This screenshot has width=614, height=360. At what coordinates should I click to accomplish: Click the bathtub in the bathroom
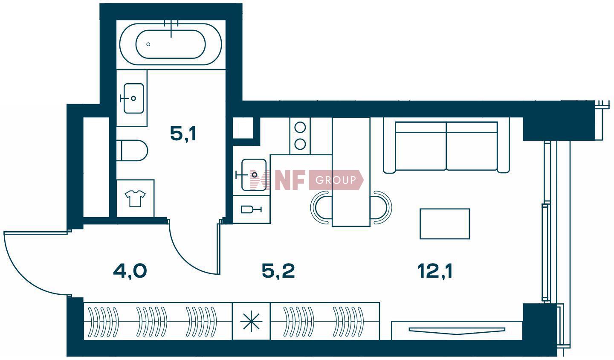click(171, 44)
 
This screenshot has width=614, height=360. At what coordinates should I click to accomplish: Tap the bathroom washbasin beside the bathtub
click(133, 98)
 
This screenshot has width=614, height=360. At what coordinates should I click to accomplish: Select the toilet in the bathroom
click(132, 151)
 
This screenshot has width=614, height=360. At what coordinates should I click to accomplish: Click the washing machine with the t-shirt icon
click(135, 198)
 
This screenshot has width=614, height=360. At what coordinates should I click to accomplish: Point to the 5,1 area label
click(183, 134)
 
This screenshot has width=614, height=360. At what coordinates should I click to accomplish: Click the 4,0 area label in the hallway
click(130, 271)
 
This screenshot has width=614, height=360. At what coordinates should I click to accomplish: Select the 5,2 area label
click(278, 271)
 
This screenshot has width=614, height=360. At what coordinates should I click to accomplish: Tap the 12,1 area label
click(435, 271)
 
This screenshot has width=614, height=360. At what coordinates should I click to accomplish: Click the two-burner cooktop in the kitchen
click(300, 136)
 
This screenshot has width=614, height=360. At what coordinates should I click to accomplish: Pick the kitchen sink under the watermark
click(254, 174)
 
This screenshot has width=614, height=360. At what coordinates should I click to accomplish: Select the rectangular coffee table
click(445, 224)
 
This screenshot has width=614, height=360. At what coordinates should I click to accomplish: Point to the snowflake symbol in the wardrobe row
click(251, 321)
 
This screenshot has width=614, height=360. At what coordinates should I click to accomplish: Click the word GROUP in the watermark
click(336, 180)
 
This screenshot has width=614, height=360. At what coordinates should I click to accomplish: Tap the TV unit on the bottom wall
click(457, 331)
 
